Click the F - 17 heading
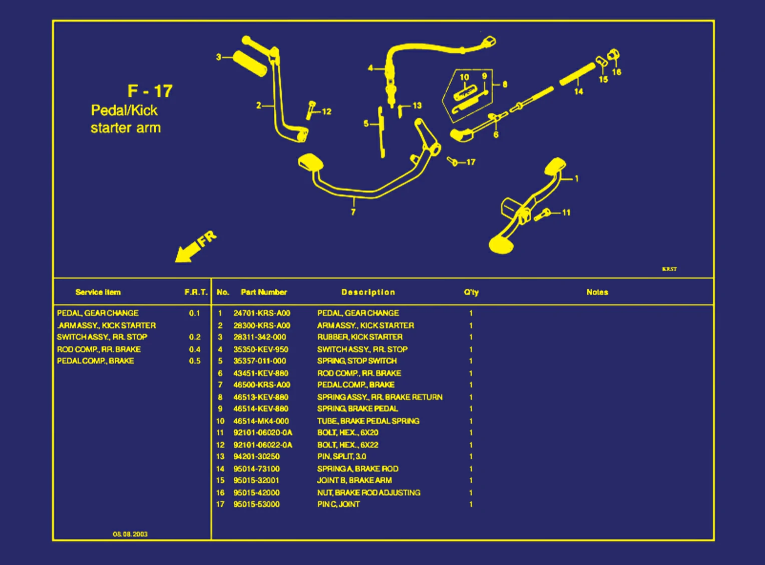(x=150, y=91)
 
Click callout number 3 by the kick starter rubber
(x=218, y=57)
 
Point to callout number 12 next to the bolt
(x=326, y=112)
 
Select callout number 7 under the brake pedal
(x=353, y=212)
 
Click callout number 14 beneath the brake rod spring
(x=578, y=92)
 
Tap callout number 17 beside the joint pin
(x=471, y=162)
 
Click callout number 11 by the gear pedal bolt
(x=566, y=213)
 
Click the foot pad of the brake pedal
(x=310, y=163)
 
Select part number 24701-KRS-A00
(x=261, y=313)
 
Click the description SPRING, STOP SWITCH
(x=356, y=361)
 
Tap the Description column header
(x=368, y=292)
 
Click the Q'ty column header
(x=471, y=292)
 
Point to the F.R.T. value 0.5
(x=195, y=361)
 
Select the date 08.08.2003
(x=130, y=534)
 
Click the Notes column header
(x=597, y=292)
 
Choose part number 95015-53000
(x=256, y=504)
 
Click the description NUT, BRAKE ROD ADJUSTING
(x=368, y=493)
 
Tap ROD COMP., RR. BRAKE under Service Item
(x=99, y=349)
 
